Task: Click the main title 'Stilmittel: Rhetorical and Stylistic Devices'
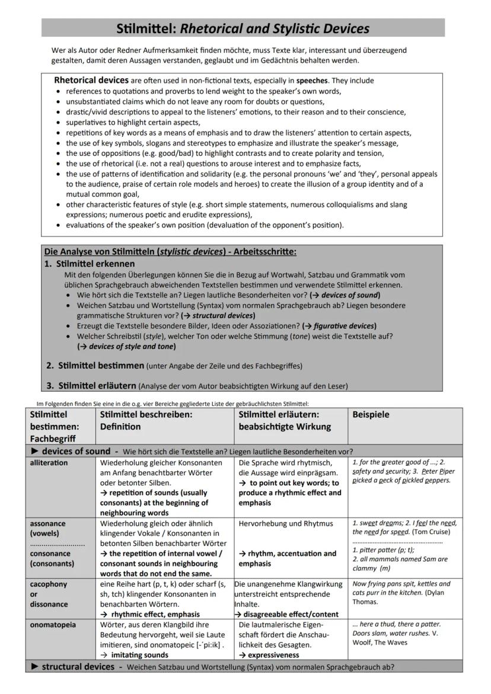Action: (243, 28)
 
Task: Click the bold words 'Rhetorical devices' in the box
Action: (91, 80)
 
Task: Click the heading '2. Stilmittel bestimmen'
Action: (101, 365)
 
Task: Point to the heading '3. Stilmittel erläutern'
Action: (97, 386)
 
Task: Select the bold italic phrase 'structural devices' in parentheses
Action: (223, 315)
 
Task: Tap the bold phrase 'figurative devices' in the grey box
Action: (343, 326)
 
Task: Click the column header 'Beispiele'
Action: (371, 415)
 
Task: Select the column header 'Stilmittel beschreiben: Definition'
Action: (146, 420)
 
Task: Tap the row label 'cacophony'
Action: (48, 584)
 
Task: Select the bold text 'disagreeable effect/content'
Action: (291, 614)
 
